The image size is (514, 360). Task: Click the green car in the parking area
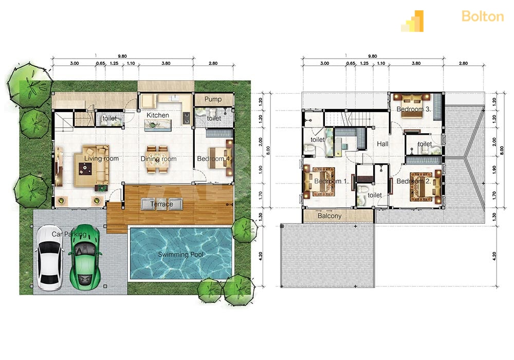85,257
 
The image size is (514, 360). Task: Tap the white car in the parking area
49,258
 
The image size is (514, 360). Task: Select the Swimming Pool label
180,255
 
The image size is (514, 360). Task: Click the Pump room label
213,99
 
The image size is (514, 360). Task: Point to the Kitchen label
158,115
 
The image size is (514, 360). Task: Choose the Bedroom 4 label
214,159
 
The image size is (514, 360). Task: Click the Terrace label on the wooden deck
161,204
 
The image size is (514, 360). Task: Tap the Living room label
101,159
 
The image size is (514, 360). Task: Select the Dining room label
158,159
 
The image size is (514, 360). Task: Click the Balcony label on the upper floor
329,215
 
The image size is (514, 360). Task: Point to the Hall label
382,143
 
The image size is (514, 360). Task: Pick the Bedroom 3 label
413,109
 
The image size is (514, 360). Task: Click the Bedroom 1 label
331,181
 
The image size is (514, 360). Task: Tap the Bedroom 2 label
414,181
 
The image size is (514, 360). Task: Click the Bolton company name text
483,16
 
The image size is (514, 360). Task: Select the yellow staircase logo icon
412,21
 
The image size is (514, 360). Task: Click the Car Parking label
69,234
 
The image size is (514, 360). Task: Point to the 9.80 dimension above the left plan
122,56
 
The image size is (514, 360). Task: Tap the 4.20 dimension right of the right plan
494,256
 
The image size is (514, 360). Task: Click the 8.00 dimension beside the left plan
268,151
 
